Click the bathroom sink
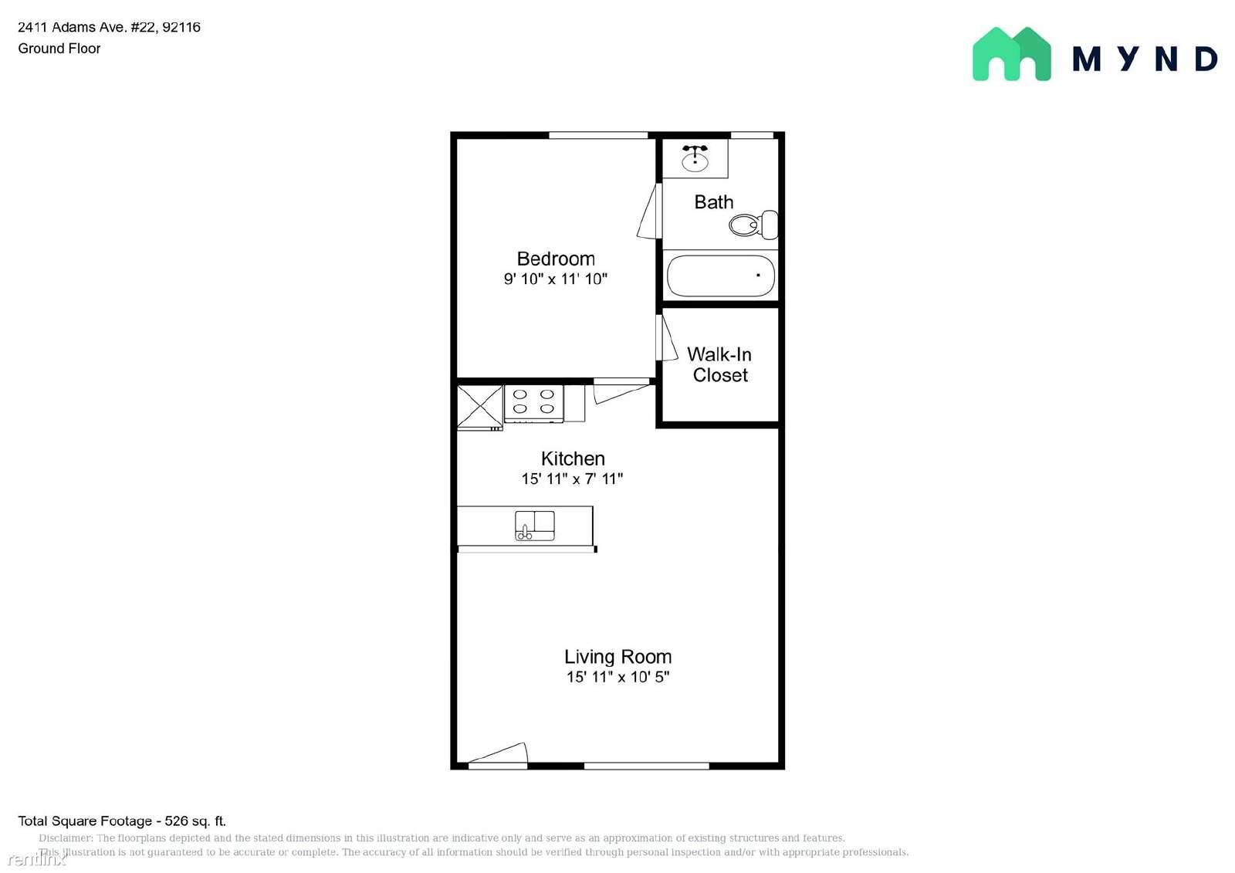coord(695,158)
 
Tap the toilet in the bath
coord(753,225)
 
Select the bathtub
coord(721,276)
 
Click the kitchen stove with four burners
coord(533,404)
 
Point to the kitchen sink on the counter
coord(535,526)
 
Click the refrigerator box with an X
coord(479,407)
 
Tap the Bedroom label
coord(556,259)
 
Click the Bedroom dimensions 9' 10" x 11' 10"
coord(556,279)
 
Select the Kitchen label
coord(573,458)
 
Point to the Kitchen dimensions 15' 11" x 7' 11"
coord(572,479)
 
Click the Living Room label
coord(617,656)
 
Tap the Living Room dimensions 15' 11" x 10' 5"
coord(618,677)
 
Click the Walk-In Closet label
coord(719,364)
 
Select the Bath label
coord(714,201)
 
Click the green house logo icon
coord(1012,54)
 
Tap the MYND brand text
coord(1145,59)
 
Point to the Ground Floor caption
coord(59,49)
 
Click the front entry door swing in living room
coord(498,753)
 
